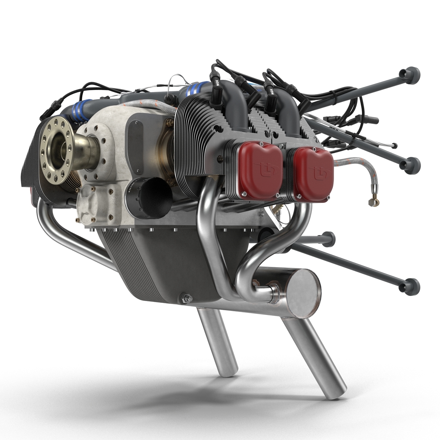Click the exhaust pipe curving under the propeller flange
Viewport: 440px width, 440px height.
66,231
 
